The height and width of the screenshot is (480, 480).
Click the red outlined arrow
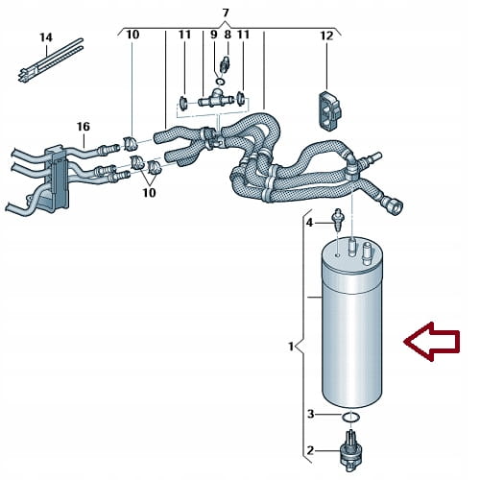432,342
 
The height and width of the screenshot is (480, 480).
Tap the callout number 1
291,347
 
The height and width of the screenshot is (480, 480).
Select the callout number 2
310,451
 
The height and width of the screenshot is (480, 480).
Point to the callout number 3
311,414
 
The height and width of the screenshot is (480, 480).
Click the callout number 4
309,223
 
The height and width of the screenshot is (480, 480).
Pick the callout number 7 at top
226,13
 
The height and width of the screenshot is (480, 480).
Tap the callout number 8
228,35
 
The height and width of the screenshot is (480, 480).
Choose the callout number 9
214,35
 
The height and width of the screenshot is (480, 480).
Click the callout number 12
326,36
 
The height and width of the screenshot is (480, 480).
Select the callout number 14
46,37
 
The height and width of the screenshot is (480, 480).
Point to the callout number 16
84,127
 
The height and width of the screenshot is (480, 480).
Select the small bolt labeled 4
338,220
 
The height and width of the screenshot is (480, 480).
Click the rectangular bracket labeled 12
329,110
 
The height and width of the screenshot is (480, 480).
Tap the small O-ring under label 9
220,82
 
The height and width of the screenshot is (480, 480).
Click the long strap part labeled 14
50,60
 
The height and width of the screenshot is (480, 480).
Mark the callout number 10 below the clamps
149,193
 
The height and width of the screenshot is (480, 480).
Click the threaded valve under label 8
226,64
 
